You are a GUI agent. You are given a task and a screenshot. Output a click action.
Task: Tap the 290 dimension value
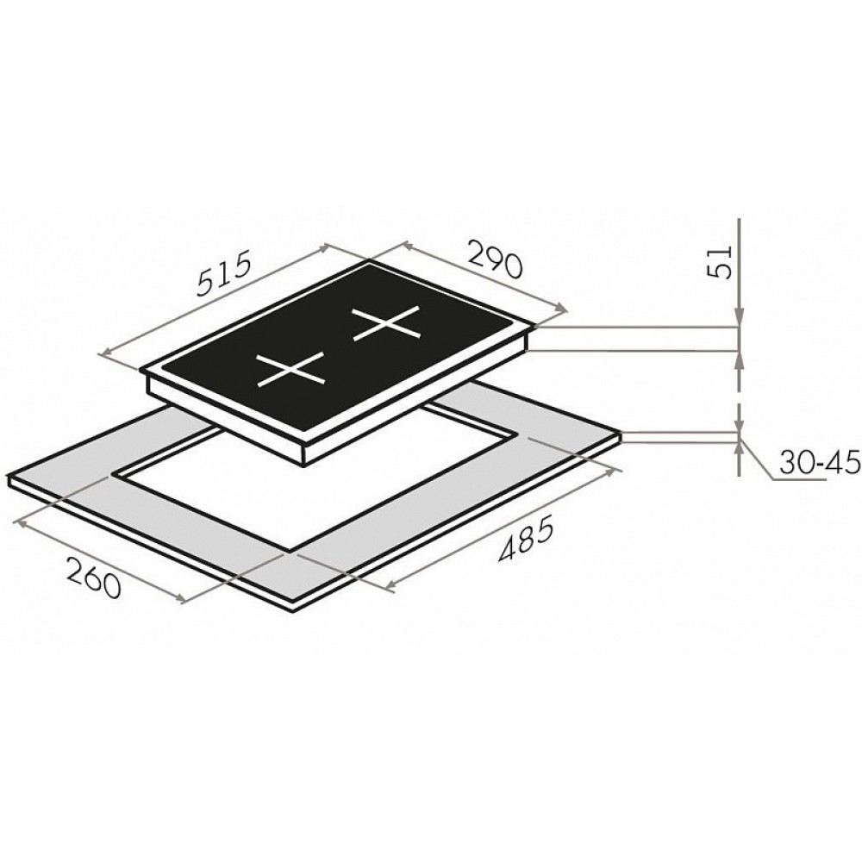(493, 259)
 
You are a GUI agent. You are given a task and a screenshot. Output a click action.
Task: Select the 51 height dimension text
(719, 263)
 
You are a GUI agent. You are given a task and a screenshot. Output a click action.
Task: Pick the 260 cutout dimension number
(93, 577)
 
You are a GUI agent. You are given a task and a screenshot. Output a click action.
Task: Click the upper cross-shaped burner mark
(387, 324)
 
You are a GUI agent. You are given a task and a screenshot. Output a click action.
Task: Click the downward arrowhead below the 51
(740, 318)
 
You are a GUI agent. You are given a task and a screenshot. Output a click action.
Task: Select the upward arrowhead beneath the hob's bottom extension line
(740, 360)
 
